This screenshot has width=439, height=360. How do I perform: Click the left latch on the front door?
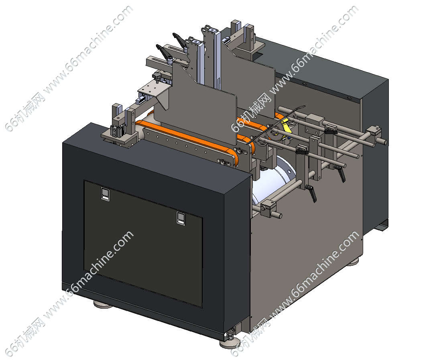pos(105,194)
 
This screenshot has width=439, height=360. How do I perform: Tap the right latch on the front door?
pos(181,218)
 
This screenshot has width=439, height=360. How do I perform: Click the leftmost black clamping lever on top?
pos(163,52)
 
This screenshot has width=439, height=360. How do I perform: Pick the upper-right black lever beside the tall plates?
pos(179,41)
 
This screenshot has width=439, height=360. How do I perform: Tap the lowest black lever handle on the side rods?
pos(312,193)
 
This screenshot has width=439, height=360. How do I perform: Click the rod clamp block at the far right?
pos(374,133)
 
